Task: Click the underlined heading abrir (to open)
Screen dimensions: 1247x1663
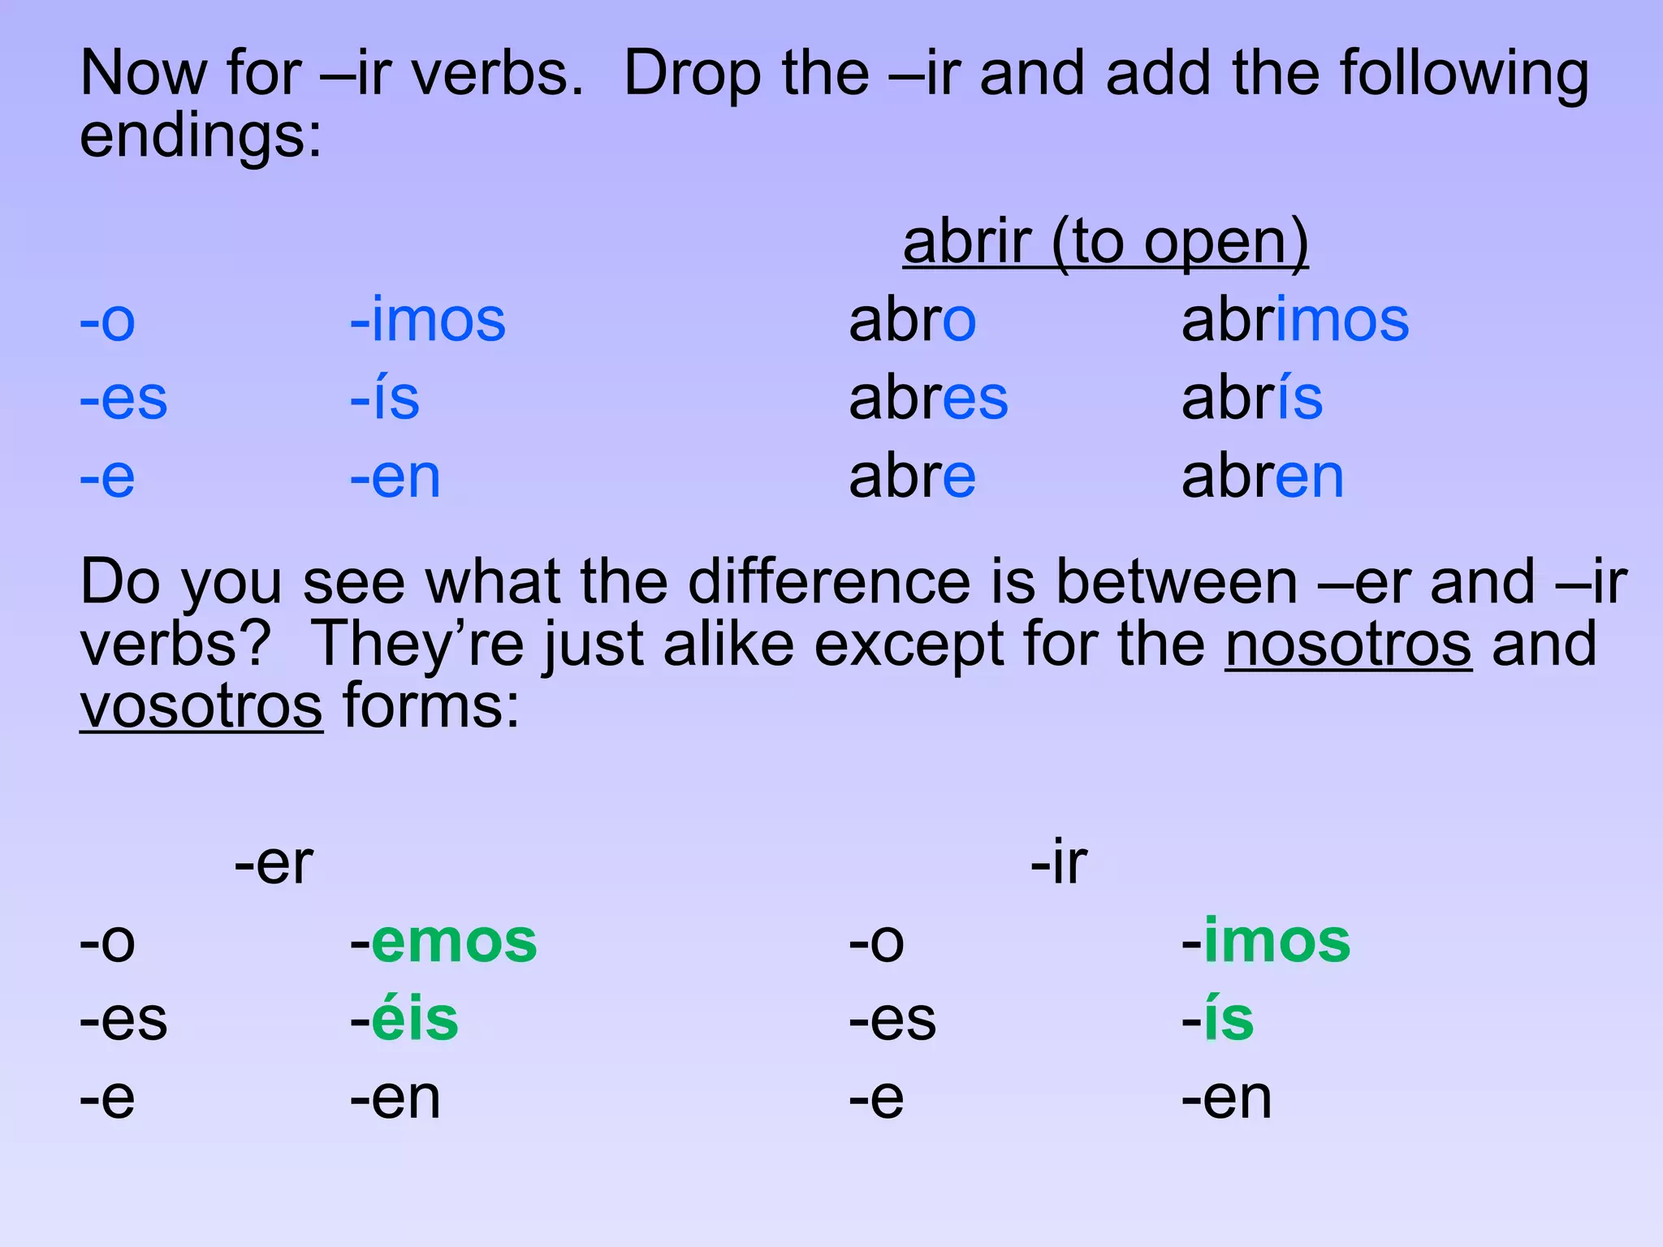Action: click(x=1105, y=242)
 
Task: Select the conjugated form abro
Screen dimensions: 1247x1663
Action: click(x=912, y=321)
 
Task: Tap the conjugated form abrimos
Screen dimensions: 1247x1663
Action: click(x=1295, y=321)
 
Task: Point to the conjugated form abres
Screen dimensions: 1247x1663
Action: click(x=928, y=399)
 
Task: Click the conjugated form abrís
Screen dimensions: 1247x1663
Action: click(x=1251, y=399)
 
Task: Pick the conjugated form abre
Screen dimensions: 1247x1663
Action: click(x=912, y=477)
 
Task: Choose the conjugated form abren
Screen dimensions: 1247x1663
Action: click(x=1263, y=477)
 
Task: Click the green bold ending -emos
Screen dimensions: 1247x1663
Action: click(x=443, y=942)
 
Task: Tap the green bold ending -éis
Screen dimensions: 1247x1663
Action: click(x=404, y=1020)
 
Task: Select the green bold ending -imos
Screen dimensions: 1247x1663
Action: click(x=1266, y=942)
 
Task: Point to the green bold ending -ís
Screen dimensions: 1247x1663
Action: click(x=1218, y=1020)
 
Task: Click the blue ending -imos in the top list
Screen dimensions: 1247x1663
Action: click(x=428, y=321)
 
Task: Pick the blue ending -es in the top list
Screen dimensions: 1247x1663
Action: click(x=123, y=399)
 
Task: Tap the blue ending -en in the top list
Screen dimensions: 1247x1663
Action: click(x=395, y=477)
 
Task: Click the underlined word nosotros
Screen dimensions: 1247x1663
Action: click(x=1348, y=645)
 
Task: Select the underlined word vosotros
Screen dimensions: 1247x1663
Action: click(x=201, y=706)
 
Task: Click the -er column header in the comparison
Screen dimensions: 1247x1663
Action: click(x=274, y=863)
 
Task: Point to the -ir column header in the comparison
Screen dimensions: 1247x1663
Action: click(x=1059, y=863)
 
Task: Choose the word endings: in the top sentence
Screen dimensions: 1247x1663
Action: click(x=201, y=136)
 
